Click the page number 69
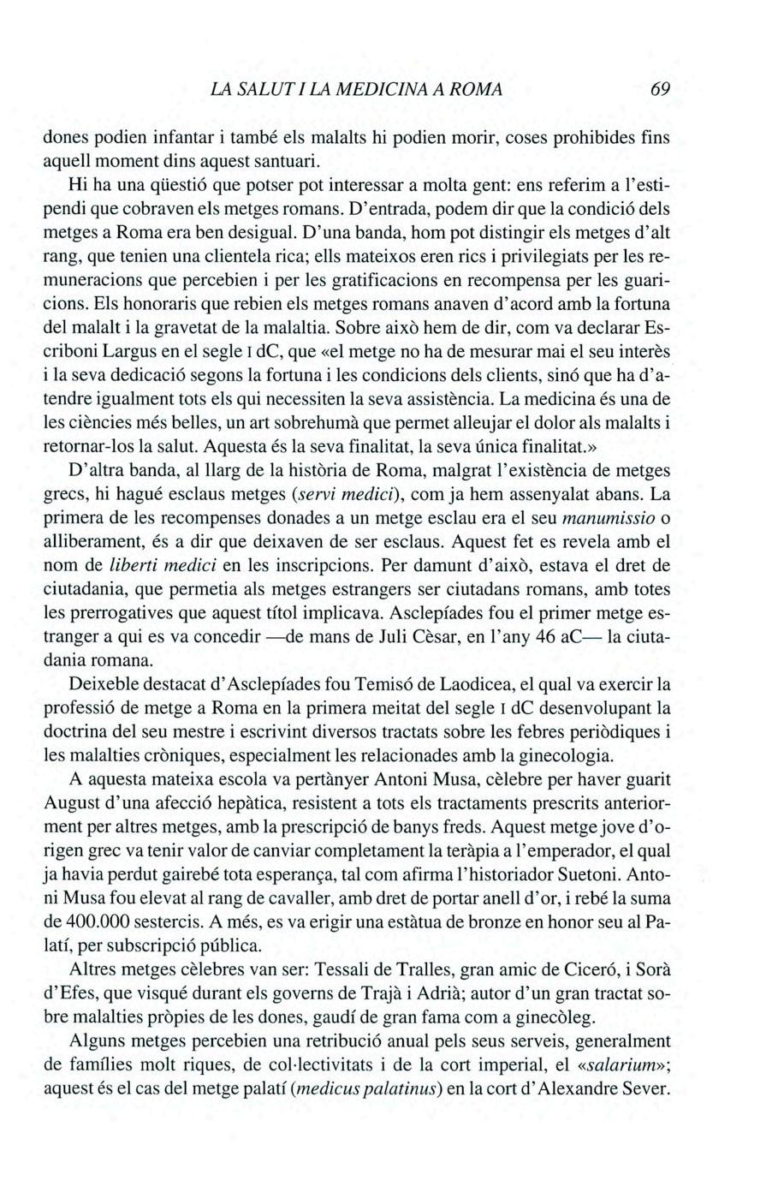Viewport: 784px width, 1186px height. tap(659, 89)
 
